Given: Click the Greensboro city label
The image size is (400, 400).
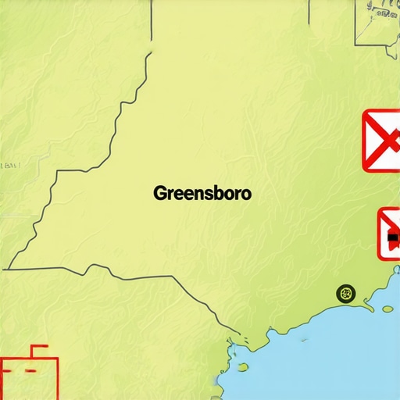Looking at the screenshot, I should (202, 193).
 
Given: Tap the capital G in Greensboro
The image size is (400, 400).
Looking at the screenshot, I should (160, 193).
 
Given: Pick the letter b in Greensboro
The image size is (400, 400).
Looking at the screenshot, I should (218, 193).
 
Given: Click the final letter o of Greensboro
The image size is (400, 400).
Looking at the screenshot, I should (246, 194).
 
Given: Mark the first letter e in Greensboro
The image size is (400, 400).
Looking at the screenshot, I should (178, 194).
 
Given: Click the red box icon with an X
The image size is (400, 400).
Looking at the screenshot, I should (381, 141).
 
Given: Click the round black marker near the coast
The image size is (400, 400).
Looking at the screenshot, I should (345, 294).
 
